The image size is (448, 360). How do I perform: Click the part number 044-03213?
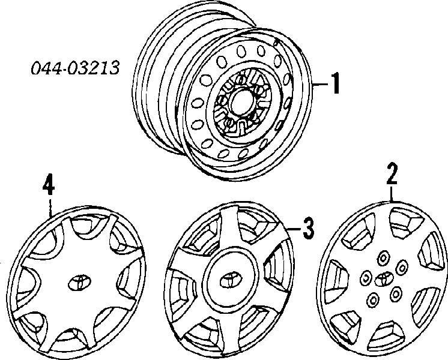point(75,68)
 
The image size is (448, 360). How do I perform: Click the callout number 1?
point(335,83)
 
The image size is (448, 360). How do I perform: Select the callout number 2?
point(392,173)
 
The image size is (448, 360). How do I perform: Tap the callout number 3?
point(308,228)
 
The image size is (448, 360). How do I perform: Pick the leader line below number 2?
point(392,194)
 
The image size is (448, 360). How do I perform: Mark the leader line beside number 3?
point(292,229)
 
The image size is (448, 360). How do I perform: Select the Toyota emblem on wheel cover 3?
point(231,281)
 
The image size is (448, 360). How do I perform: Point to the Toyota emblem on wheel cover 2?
point(383,278)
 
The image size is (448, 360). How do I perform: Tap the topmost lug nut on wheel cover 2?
point(383,258)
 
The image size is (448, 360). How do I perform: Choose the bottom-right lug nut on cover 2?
point(396,293)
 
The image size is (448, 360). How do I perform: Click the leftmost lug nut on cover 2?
point(365,278)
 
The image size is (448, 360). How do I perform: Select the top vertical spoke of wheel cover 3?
point(229,229)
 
